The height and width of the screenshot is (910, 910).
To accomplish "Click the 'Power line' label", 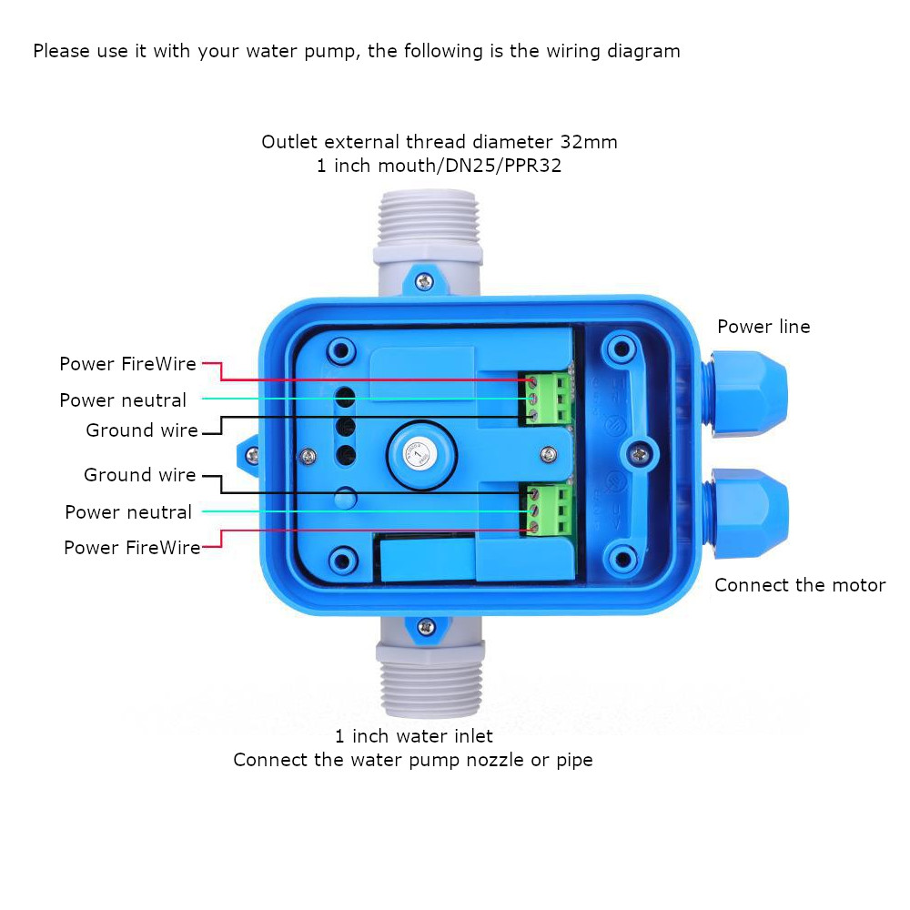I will (x=763, y=327).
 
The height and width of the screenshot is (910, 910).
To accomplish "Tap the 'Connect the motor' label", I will (x=799, y=585).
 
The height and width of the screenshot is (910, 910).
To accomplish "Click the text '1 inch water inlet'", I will (x=414, y=735).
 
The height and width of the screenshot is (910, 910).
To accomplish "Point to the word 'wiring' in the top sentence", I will (x=551, y=51).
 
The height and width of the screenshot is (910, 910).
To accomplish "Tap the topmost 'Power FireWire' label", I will (x=127, y=364).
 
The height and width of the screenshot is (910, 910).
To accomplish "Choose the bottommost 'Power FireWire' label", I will (x=132, y=548).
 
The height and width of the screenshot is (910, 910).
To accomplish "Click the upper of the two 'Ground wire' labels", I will (x=142, y=430).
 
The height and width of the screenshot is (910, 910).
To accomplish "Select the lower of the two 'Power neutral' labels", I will (x=128, y=512).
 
